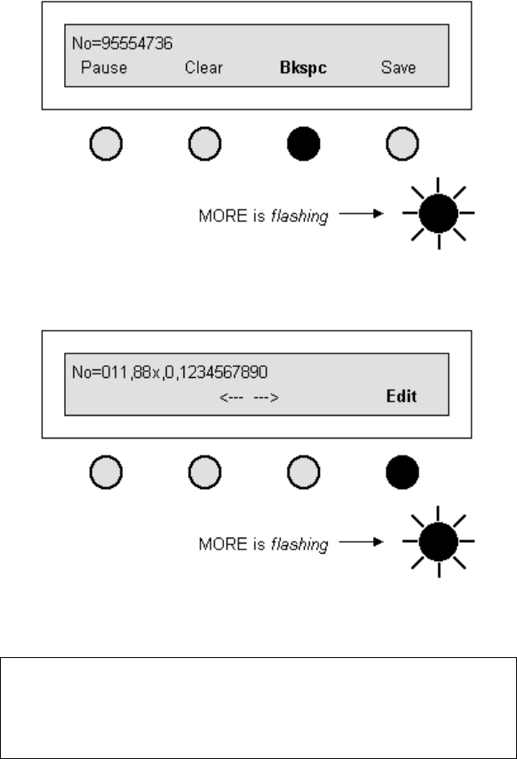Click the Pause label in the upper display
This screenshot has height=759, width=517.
click(x=104, y=67)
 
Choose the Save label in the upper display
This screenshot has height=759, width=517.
click(x=398, y=67)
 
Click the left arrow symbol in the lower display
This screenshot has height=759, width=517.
click(x=232, y=397)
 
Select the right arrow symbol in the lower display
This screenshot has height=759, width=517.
click(x=265, y=397)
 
